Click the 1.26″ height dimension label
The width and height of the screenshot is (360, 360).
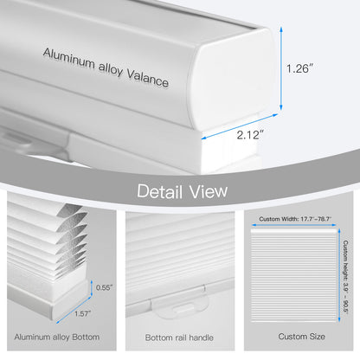point(299,68)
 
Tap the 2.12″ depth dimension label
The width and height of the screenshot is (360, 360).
point(250,135)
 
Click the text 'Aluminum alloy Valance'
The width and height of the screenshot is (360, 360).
point(106,67)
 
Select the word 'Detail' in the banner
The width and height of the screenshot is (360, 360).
point(160,191)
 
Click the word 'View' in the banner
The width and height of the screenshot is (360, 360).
point(209,191)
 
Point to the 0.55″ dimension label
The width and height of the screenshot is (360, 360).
point(104,287)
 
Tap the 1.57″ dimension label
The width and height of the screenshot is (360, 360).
point(83,313)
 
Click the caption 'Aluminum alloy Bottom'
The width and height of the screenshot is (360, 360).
point(57,337)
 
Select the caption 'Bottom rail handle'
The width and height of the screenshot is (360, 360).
point(179,337)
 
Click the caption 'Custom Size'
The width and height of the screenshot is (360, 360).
point(301,337)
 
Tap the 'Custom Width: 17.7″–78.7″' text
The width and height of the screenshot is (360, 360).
point(295,219)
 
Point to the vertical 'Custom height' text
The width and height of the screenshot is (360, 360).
point(345,277)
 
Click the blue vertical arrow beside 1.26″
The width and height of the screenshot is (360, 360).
point(281,68)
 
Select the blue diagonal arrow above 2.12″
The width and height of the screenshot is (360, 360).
point(240,126)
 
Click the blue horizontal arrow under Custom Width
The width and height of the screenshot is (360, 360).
point(294,225)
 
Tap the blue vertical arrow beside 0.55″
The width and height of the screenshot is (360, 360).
point(92,288)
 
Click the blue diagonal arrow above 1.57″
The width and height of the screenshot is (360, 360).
point(74,310)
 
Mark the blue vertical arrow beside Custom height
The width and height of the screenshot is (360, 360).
point(339,275)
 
